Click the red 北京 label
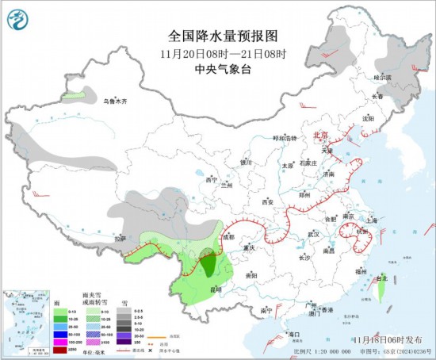click(x=320, y=135)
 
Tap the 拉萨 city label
click(x=119, y=238)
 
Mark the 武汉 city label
click(x=313, y=234)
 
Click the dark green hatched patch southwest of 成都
click(x=208, y=261)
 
